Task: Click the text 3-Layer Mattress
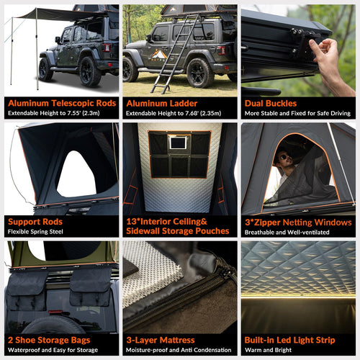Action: click(x=161, y=340)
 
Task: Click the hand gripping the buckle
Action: click(x=331, y=61)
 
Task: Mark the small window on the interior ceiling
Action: click(x=177, y=143)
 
